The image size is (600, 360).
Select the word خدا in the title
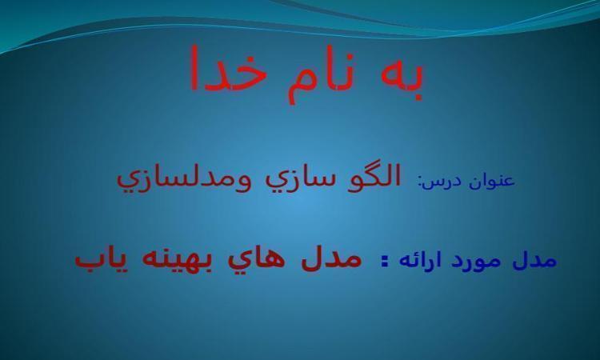point(228,69)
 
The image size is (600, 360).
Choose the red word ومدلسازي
point(184,181)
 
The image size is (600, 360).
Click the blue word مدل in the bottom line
point(534,260)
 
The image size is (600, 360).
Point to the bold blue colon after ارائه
point(385,262)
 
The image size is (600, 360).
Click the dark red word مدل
point(331,258)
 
